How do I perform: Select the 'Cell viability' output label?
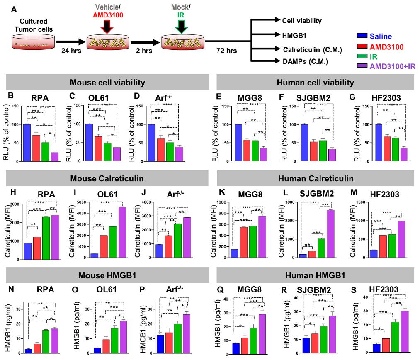point(302,20)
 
